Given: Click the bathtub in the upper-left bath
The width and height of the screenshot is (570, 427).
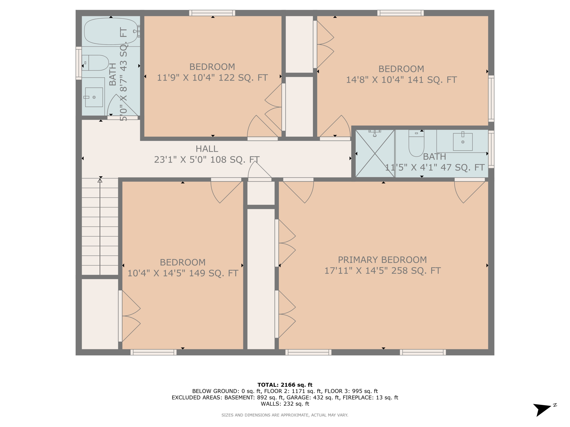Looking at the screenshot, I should (x=111, y=31).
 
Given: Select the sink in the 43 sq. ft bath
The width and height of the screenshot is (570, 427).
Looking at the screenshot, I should (x=94, y=97).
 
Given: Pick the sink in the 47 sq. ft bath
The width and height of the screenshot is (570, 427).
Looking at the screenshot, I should (x=462, y=142).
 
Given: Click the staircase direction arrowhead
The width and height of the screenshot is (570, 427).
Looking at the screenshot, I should (x=100, y=180).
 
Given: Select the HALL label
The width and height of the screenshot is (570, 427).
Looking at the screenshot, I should (x=207, y=149).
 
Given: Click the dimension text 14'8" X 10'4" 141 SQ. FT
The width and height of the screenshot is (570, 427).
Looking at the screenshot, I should (x=401, y=80).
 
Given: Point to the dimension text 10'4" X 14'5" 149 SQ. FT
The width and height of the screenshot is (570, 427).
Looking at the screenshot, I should (x=183, y=273).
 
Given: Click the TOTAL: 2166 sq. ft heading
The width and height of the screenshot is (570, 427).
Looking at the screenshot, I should (x=285, y=385).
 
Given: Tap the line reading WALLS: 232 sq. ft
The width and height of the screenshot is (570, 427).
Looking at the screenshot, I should (x=285, y=404).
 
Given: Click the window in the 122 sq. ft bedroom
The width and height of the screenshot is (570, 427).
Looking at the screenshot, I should (x=212, y=13).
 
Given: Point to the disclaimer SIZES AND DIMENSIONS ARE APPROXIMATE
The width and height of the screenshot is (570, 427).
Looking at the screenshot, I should (x=285, y=415).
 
